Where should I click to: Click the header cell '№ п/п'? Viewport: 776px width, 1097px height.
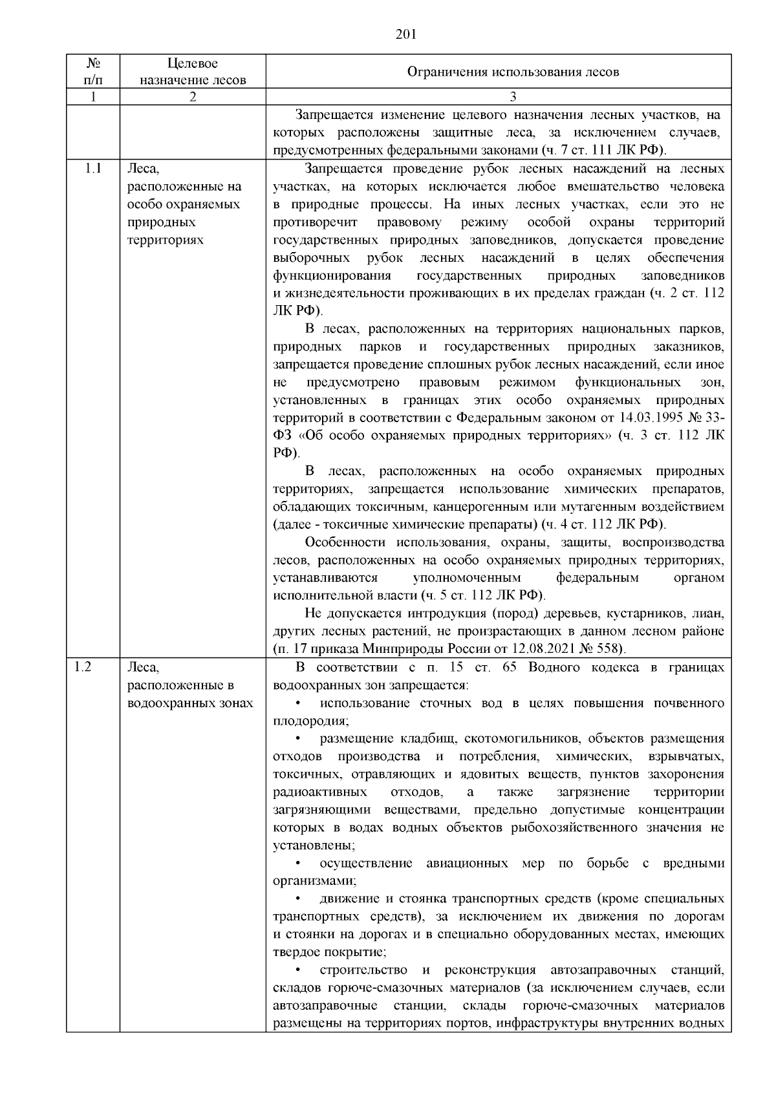[92, 71]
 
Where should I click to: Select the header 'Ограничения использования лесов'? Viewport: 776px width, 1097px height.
[512, 72]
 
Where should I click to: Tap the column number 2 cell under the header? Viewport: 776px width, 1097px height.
[193, 97]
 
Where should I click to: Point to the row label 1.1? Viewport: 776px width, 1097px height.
[92, 169]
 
